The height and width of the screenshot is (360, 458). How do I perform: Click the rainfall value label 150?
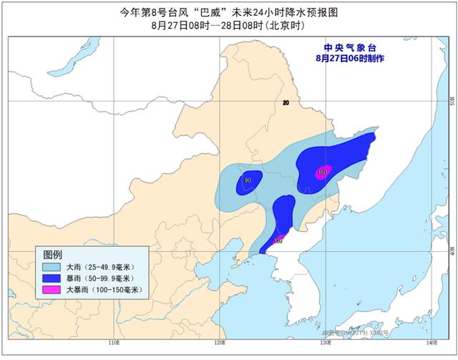click(322, 172)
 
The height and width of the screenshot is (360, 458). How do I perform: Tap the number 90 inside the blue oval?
click(247, 180)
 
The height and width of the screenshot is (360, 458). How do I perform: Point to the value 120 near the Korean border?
click(278, 241)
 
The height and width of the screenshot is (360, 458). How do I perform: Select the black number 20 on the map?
click(286, 104)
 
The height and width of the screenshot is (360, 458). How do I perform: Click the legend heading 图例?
click(53, 255)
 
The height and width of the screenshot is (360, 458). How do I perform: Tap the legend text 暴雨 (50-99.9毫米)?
click(99, 278)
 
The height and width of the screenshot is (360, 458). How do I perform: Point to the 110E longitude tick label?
click(113, 344)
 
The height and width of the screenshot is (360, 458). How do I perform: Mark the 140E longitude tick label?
click(429, 344)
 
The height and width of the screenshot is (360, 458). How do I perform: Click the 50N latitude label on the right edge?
click(450, 100)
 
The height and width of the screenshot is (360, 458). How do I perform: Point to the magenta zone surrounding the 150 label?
click(328, 169)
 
